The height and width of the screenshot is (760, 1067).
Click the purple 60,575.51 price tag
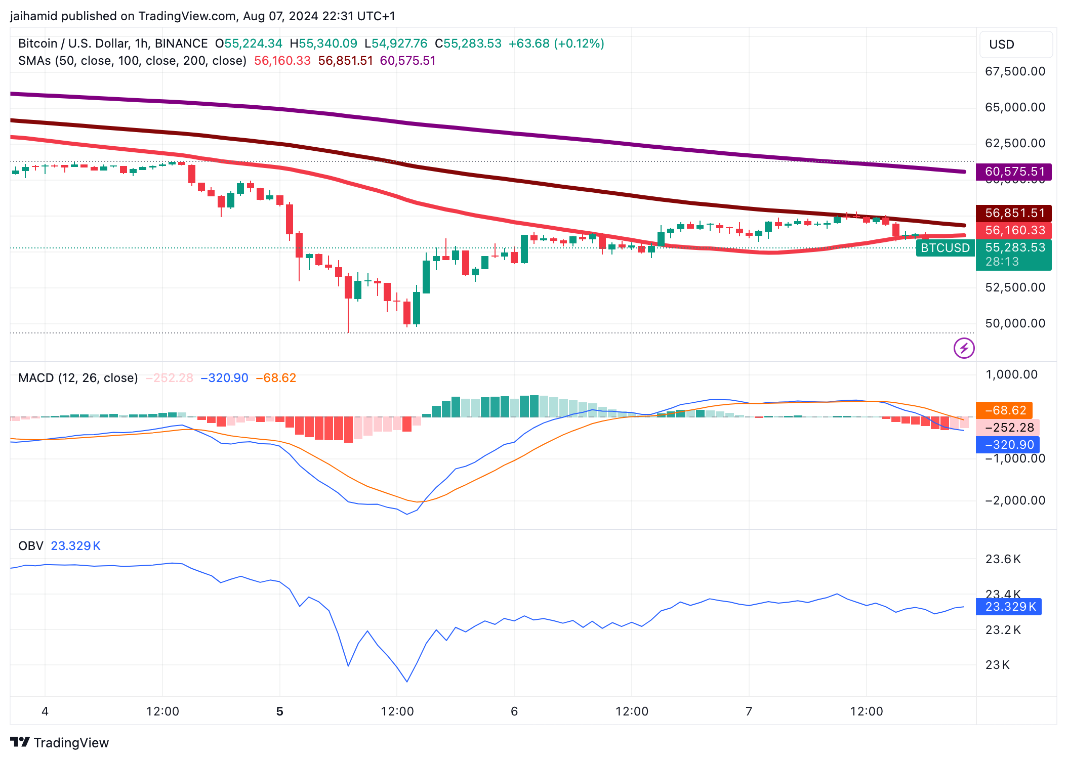1014,172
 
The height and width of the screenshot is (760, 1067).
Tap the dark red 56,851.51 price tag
1014,213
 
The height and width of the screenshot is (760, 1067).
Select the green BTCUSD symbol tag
945,248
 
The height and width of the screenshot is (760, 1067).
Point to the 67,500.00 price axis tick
1015,71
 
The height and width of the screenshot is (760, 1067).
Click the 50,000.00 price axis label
1015,323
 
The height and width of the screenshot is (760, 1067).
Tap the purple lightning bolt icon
964,348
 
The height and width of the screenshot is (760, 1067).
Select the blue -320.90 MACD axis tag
1007,445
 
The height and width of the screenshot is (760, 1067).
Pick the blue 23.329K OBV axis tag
1008,606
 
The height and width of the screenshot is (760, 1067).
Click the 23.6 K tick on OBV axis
1003,559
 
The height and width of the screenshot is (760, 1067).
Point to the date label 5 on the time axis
280,711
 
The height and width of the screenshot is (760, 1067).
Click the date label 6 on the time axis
514,711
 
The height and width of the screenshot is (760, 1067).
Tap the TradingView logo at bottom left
60,742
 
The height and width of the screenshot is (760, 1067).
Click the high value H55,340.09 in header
323,44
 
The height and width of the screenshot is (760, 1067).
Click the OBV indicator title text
30,546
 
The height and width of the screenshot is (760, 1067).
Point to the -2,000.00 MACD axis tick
1015,500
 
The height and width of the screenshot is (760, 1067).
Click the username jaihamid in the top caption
33,16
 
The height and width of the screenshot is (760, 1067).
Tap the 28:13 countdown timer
1002,262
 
